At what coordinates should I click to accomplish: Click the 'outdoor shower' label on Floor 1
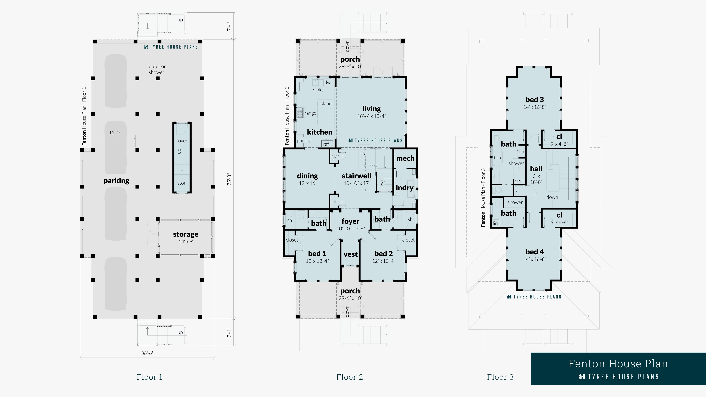pyautogui.click(x=157, y=69)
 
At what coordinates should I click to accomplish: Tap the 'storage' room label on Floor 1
pyautogui.click(x=186, y=234)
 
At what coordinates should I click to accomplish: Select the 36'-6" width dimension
pyautogui.click(x=147, y=353)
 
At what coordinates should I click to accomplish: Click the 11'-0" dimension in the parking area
pyautogui.click(x=115, y=133)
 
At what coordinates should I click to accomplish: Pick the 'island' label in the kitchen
pyautogui.click(x=325, y=103)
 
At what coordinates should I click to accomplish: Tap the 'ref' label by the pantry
pyautogui.click(x=326, y=144)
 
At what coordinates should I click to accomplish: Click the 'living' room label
pyautogui.click(x=371, y=109)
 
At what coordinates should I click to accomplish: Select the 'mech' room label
pyautogui.click(x=405, y=158)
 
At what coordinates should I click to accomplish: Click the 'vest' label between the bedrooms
pyautogui.click(x=351, y=254)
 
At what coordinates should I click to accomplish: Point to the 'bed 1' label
pyautogui.click(x=317, y=253)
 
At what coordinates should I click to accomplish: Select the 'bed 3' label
pyautogui.click(x=535, y=99)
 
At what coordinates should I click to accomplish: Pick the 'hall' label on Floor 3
pyautogui.click(x=536, y=169)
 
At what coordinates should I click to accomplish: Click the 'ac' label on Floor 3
pyautogui.click(x=518, y=191)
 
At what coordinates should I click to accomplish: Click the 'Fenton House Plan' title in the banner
pyautogui.click(x=618, y=364)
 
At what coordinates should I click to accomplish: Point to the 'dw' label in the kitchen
pyautogui.click(x=327, y=83)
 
